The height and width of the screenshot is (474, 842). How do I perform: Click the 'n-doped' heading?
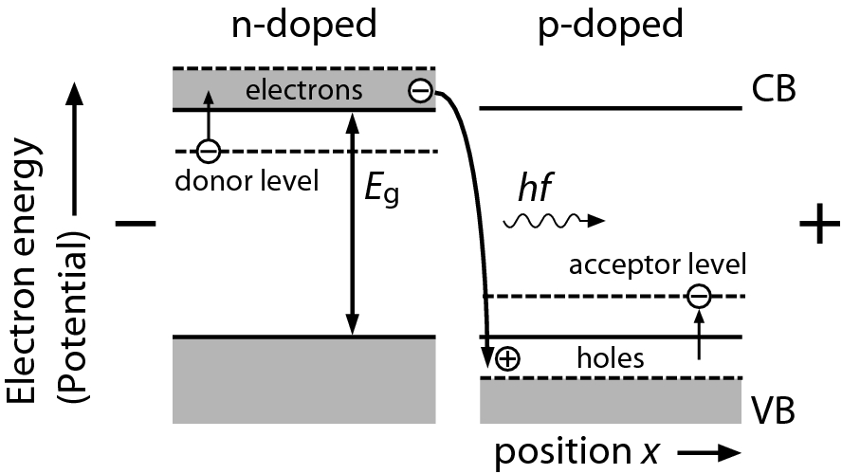[303, 26]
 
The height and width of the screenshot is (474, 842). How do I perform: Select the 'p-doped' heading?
[612, 26]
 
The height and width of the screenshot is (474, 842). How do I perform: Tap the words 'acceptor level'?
[657, 263]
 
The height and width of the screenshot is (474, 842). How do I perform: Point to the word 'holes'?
[612, 358]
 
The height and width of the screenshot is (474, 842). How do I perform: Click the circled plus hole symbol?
[509, 358]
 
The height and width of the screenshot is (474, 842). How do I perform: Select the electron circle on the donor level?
[209, 151]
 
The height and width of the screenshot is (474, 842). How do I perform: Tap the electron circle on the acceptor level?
[698, 297]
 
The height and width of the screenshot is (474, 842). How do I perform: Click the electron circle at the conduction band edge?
[420, 92]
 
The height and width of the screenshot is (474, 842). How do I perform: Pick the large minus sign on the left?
[135, 224]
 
